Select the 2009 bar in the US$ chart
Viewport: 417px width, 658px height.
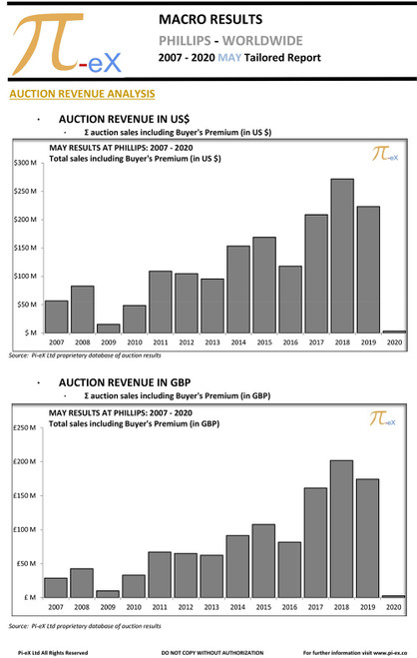point(108,328)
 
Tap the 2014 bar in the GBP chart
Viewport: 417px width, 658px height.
point(238,566)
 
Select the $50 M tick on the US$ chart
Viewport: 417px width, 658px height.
point(27,304)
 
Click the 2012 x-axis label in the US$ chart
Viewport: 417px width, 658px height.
point(186,342)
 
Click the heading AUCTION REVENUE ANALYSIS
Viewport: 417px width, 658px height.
point(81,94)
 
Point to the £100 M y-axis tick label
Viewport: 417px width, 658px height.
point(25,529)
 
